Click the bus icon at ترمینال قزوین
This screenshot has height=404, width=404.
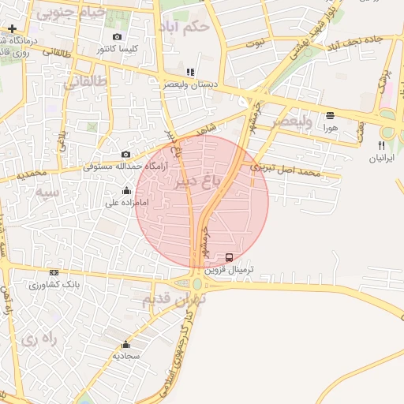(229, 257)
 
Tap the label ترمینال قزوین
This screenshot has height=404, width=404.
(231, 269)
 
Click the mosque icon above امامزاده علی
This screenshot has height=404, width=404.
(126, 190)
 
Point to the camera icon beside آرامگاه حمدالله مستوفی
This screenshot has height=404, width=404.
(125, 155)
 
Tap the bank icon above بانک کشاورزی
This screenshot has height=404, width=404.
(54, 272)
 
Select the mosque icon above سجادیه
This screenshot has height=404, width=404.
(125, 344)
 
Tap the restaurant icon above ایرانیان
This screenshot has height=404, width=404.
(381, 145)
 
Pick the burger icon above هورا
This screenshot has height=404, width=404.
(330, 115)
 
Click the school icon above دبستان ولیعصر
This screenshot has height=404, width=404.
(189, 73)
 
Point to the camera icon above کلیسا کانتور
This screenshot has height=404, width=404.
(118, 37)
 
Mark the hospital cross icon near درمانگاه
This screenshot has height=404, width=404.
(12, 29)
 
